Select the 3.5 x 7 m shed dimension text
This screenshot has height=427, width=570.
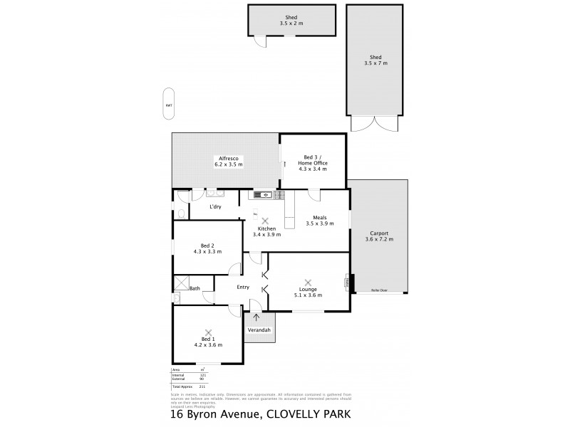pyautogui.click(x=377, y=64)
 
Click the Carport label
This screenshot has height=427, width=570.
pyautogui.click(x=378, y=233)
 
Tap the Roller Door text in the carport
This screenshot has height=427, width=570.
pyautogui.click(x=379, y=290)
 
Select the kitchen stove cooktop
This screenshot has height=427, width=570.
pyautogui.click(x=279, y=194)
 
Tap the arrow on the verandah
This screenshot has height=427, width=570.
pyautogui.click(x=256, y=317)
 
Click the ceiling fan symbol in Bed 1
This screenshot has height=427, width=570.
pyautogui.click(x=208, y=332)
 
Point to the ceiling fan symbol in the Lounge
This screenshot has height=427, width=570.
pyautogui.click(x=308, y=283)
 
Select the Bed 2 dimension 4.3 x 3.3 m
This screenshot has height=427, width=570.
pyautogui.click(x=207, y=251)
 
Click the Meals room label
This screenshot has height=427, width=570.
pyautogui.click(x=319, y=218)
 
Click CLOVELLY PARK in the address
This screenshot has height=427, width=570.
pyautogui.click(x=309, y=413)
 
